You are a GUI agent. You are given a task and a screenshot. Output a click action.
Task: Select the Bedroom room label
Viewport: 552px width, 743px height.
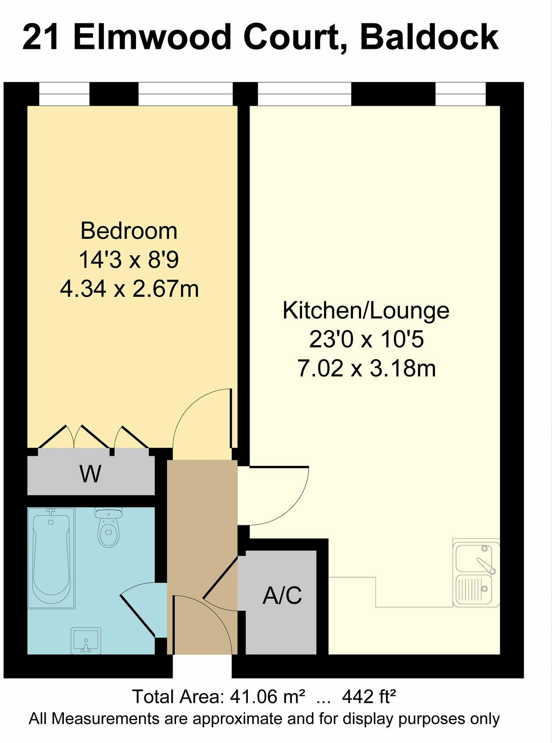point(129,231)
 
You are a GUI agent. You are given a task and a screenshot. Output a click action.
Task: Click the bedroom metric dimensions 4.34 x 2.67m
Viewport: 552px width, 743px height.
point(129,289)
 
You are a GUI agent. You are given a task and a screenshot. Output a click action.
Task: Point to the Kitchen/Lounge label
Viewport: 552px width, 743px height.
point(366,310)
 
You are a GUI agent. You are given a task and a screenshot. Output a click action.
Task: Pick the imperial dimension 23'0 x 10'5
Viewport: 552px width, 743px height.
point(366,339)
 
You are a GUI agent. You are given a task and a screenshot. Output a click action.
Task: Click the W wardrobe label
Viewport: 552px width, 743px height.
point(91,474)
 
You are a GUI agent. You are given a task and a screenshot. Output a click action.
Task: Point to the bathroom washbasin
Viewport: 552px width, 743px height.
point(86,640)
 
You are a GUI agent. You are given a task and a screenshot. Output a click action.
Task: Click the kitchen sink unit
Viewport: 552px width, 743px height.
point(476,573)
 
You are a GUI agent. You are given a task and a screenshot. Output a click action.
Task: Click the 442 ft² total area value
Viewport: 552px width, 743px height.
point(369,697)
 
